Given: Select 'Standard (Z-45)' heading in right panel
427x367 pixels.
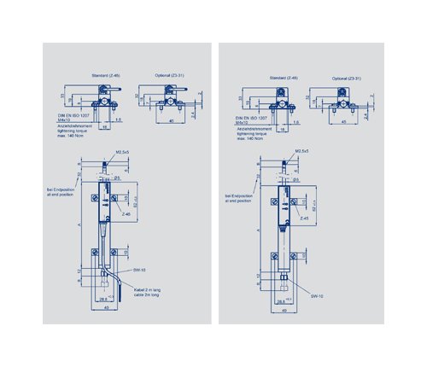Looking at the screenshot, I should point(283,78).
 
